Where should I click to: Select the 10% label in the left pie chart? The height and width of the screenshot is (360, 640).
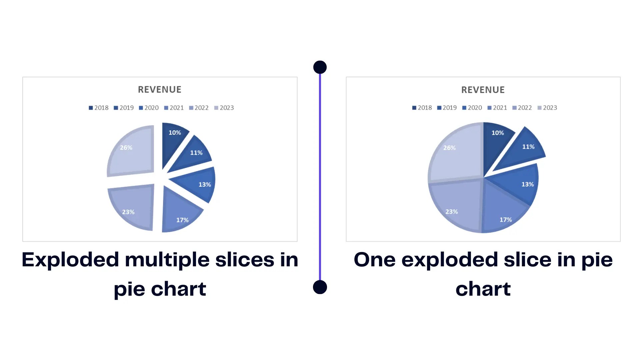(175, 133)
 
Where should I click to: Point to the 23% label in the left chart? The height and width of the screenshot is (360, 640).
(128, 212)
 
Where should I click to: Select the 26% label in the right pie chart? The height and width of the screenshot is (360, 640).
(449, 148)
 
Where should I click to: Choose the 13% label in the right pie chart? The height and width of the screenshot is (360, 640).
(528, 184)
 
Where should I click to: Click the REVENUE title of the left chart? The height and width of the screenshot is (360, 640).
(160, 90)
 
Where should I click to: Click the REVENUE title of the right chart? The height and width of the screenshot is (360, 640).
(483, 90)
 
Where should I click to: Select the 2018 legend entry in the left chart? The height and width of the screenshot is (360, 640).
(99, 108)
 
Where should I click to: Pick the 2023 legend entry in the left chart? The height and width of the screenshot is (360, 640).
(224, 108)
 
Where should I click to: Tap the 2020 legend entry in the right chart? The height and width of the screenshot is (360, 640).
(472, 108)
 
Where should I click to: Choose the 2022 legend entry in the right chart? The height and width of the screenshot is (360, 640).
(522, 108)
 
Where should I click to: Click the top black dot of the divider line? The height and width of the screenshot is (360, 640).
(320, 67)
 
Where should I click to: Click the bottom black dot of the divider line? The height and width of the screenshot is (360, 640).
(320, 287)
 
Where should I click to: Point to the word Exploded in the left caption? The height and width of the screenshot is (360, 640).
(70, 260)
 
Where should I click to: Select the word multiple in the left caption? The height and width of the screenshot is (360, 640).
(167, 260)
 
